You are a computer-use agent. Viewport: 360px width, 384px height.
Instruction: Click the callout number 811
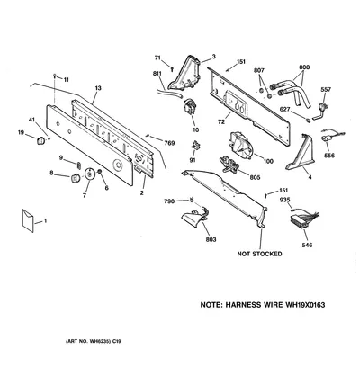pyautogui.click(x=157, y=74)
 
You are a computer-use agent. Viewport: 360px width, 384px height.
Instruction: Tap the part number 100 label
pyautogui.click(x=268, y=161)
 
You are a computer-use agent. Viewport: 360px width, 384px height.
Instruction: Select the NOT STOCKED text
pyautogui.click(x=259, y=254)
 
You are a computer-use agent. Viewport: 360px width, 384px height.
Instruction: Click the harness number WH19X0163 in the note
pyautogui.click(x=305, y=305)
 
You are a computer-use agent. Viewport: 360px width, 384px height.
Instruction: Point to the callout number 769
pyautogui.click(x=169, y=143)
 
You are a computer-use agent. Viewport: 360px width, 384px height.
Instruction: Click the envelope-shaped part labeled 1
pyautogui.click(x=28, y=220)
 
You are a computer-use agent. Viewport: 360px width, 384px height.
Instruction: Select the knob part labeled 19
pyautogui.click(x=40, y=140)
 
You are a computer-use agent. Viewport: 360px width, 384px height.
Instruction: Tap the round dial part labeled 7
pyautogui.click(x=89, y=174)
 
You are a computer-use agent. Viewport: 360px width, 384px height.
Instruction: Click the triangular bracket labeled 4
pyautogui.click(x=300, y=153)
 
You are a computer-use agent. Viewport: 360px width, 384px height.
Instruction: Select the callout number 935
pyautogui.click(x=284, y=199)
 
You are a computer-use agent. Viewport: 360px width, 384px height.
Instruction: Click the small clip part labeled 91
pyautogui.click(x=196, y=146)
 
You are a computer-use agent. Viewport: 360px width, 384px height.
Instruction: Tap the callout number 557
pyautogui.click(x=326, y=90)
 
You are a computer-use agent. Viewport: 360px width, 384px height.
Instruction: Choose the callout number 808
pyautogui.click(x=304, y=67)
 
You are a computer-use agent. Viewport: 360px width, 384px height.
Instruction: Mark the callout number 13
pyautogui.click(x=98, y=88)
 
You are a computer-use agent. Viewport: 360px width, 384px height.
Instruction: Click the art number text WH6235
pyautogui.click(x=101, y=341)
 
